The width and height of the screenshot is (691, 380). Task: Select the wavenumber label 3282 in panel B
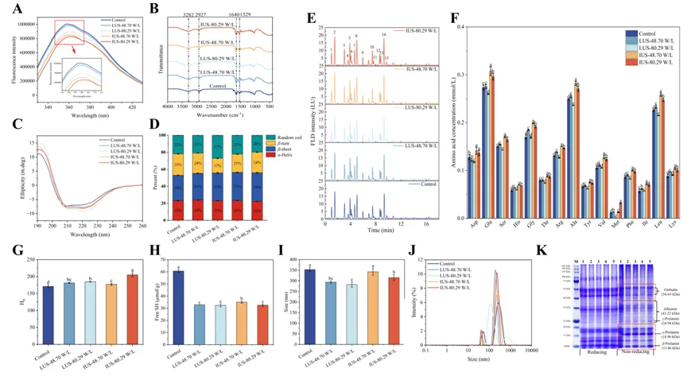tap(189, 14)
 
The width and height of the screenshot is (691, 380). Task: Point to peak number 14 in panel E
tap(384, 34)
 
